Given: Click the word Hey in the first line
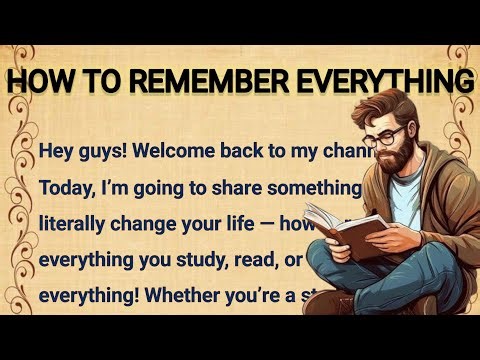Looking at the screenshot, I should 59,151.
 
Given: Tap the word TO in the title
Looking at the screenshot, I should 96,81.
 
